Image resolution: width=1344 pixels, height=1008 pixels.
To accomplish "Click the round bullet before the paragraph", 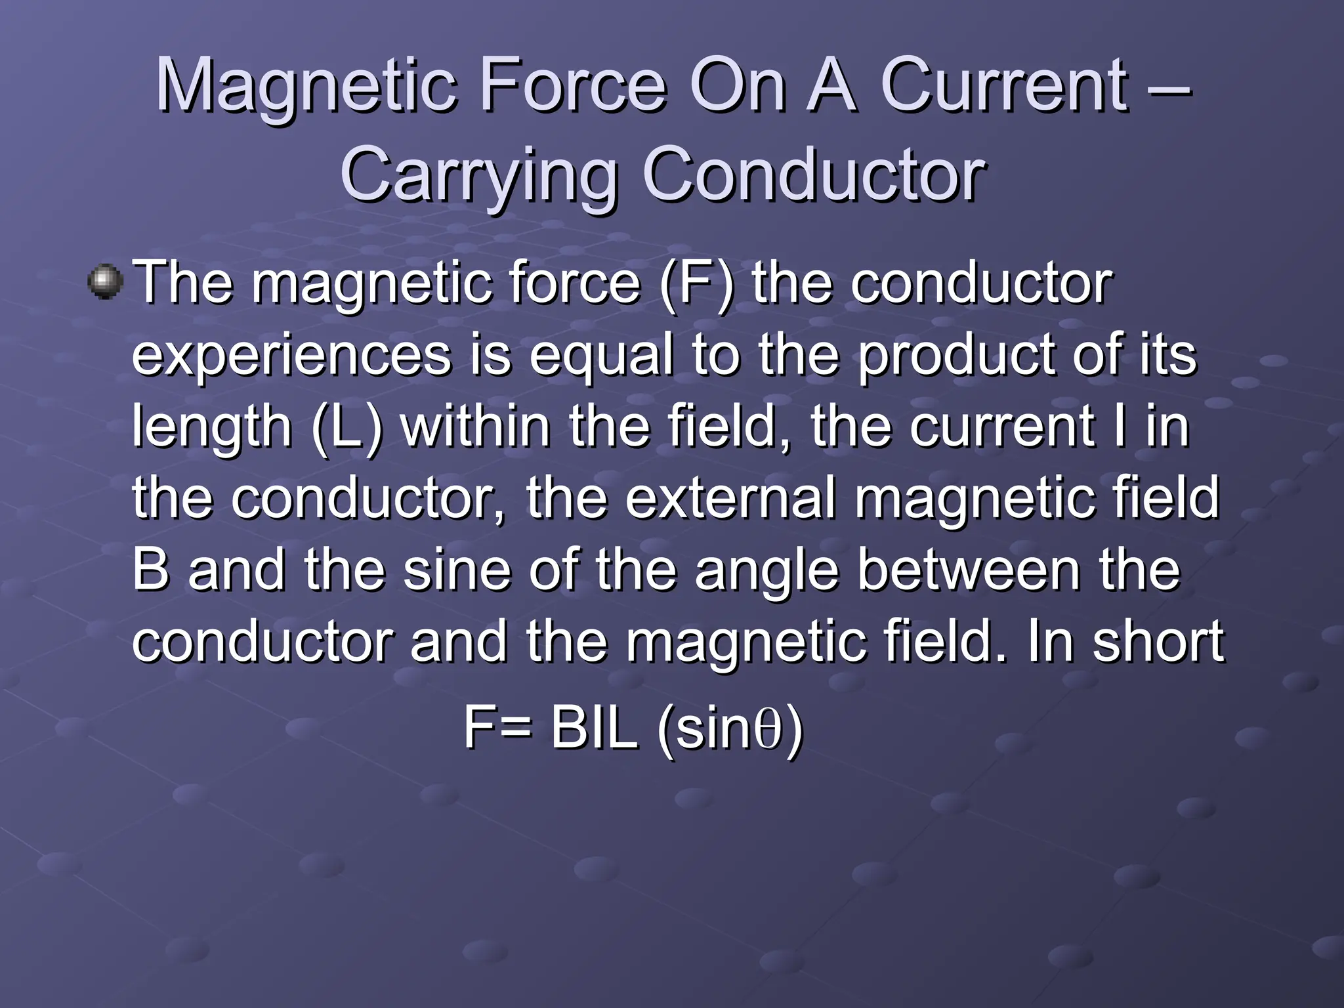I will pyautogui.click(x=105, y=282).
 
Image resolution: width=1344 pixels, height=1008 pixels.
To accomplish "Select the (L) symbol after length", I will pyautogui.click(x=346, y=427).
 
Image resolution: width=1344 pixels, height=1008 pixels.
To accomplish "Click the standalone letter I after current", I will pyautogui.click(x=1119, y=427).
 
